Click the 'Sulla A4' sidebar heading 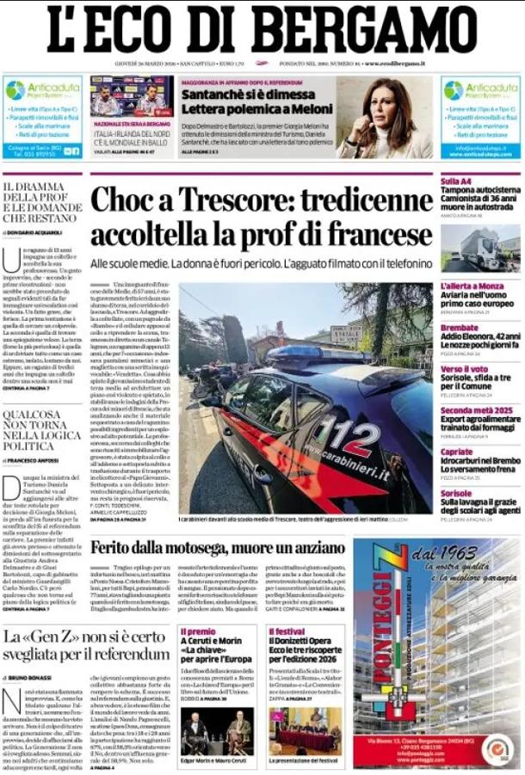pyautogui.click(x=455, y=181)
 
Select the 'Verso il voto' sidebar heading pyautogui.click(x=463, y=368)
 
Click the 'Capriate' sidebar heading pyautogui.click(x=457, y=452)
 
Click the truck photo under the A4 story pyautogui.click(x=479, y=248)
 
